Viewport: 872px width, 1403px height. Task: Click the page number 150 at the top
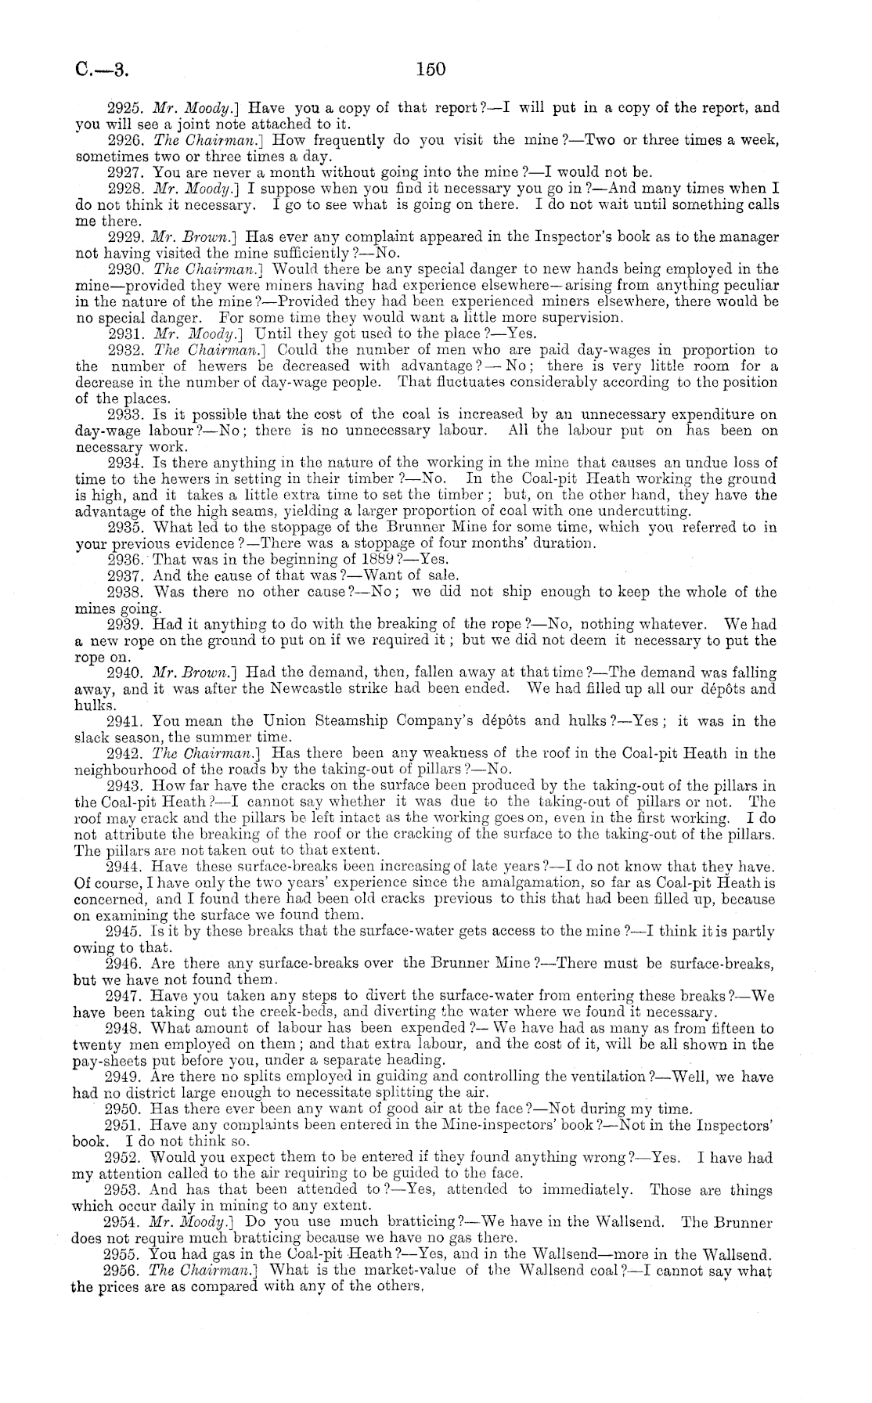431,69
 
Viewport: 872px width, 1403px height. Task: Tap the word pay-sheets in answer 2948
107,1060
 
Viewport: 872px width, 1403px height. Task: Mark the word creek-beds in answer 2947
284,1012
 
